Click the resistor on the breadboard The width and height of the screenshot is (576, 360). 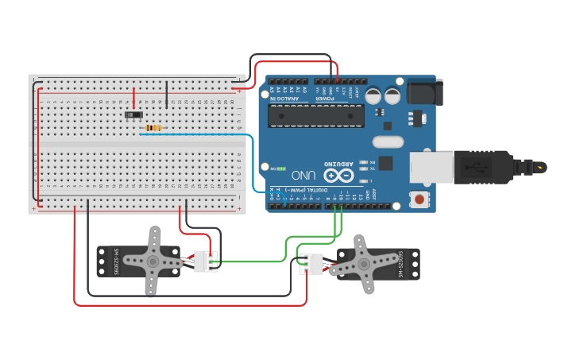[153, 127]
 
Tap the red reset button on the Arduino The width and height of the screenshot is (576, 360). [417, 199]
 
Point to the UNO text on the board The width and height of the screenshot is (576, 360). [303, 175]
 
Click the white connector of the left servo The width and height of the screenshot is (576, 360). [205, 261]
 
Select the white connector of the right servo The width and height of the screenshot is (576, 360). [311, 263]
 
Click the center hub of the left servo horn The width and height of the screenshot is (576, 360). [152, 261]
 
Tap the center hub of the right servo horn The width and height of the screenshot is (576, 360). [365, 263]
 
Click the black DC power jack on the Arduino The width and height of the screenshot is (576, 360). [422, 93]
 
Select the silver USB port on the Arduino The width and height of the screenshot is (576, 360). [432, 168]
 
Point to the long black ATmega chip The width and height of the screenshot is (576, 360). [315, 115]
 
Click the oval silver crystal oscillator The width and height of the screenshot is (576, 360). [387, 142]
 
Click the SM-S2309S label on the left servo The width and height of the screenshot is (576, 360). [116, 261]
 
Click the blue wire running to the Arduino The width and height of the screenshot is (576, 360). [253, 159]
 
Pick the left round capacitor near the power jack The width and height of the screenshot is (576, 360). [374, 95]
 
